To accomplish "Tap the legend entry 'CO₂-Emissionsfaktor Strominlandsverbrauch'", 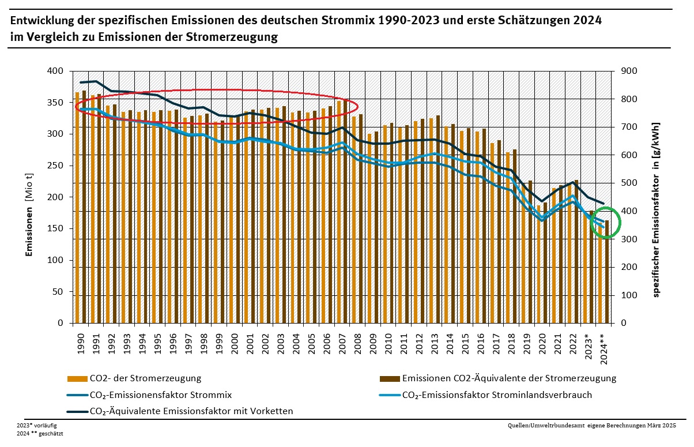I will [496, 395].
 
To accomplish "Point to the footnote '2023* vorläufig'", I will [37, 425].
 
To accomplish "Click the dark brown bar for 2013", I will [437, 219].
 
